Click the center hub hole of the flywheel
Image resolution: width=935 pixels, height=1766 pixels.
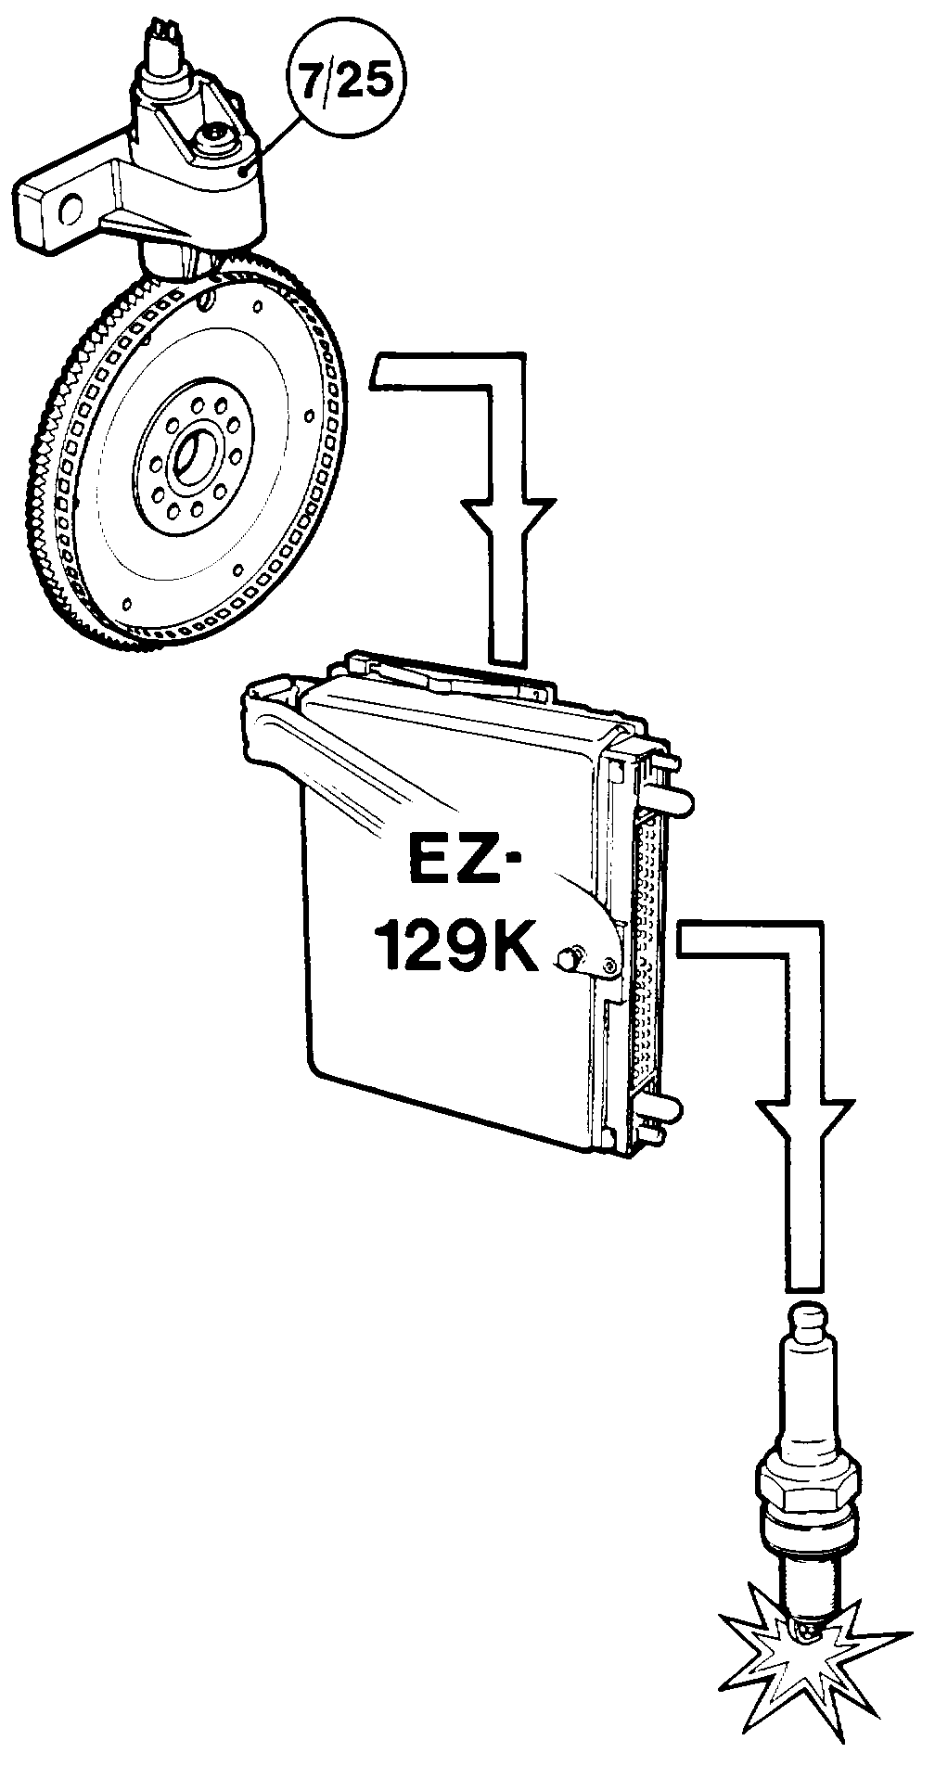tap(193, 455)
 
